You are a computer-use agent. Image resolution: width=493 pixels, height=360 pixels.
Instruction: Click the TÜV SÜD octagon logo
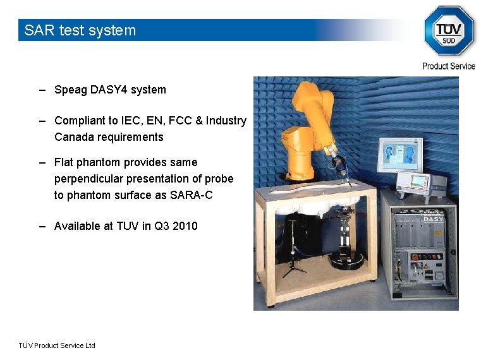coord(449,30)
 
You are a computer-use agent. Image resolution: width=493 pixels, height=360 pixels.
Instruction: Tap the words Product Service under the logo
coord(449,66)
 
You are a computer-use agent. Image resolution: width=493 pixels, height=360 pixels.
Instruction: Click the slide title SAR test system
coord(80,30)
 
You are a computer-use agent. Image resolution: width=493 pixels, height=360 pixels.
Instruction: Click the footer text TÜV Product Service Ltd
coord(57,345)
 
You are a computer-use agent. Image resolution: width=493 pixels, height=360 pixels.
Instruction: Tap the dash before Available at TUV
coord(42,225)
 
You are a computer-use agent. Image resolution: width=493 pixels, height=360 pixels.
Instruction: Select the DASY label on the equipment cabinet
coord(433,219)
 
